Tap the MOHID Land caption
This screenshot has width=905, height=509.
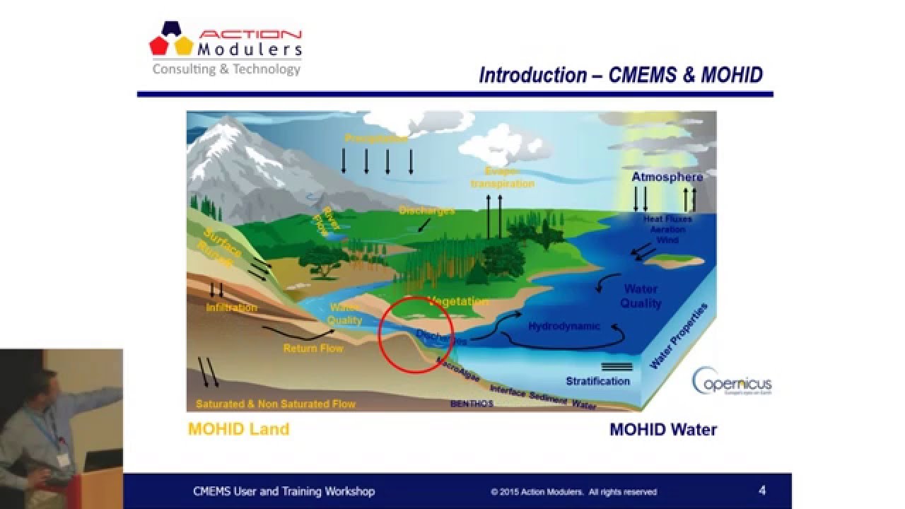pyautogui.click(x=238, y=429)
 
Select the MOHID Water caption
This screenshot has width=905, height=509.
pyautogui.click(x=663, y=429)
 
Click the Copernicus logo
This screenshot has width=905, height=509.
pyautogui.click(x=732, y=382)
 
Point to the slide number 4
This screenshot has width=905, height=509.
pyautogui.click(x=761, y=491)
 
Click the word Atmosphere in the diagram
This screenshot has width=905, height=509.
pyautogui.click(x=667, y=177)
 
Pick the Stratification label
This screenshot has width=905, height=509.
pyautogui.click(x=597, y=381)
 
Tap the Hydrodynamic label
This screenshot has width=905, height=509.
pyautogui.click(x=564, y=327)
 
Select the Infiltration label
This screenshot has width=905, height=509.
pyautogui.click(x=231, y=308)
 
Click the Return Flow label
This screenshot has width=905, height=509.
pyautogui.click(x=313, y=349)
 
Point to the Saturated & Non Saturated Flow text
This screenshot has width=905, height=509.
pyautogui.click(x=276, y=404)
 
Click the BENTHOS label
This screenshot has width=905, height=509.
pyautogui.click(x=472, y=404)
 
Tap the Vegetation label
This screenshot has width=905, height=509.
pyautogui.click(x=457, y=302)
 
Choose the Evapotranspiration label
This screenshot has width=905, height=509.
pyautogui.click(x=503, y=178)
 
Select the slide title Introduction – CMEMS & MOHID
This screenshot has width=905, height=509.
pyautogui.click(x=621, y=75)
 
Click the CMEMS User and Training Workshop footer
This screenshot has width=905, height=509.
pyautogui.click(x=284, y=491)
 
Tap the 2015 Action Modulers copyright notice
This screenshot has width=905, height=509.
pyautogui.click(x=573, y=492)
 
